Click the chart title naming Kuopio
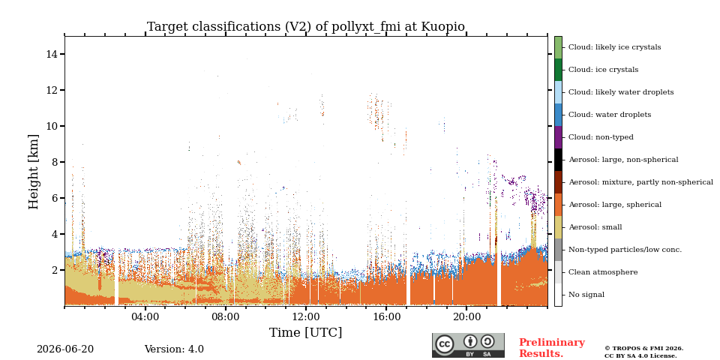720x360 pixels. pos(306,27)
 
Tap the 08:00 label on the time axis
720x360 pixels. pos(226,317)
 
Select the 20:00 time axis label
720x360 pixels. pos(466,317)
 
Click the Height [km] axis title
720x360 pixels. pos(34,172)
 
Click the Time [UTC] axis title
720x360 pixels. pos(306,332)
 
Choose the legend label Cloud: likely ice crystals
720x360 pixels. pos(615,47)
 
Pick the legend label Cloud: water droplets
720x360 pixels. pos(610,115)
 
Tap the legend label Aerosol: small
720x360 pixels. pos(595,227)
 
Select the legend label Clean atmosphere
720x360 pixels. pos(603,272)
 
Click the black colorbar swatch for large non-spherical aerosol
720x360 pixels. pos(558,160)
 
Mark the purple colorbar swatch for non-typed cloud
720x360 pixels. pos(558,137)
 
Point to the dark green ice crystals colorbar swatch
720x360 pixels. pos(558,70)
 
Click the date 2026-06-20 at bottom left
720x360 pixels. pos(65,349)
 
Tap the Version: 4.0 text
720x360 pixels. pos(174,349)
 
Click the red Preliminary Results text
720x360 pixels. pos(552,348)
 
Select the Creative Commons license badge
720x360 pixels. pos(468,345)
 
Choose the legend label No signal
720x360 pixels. pos(586,295)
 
